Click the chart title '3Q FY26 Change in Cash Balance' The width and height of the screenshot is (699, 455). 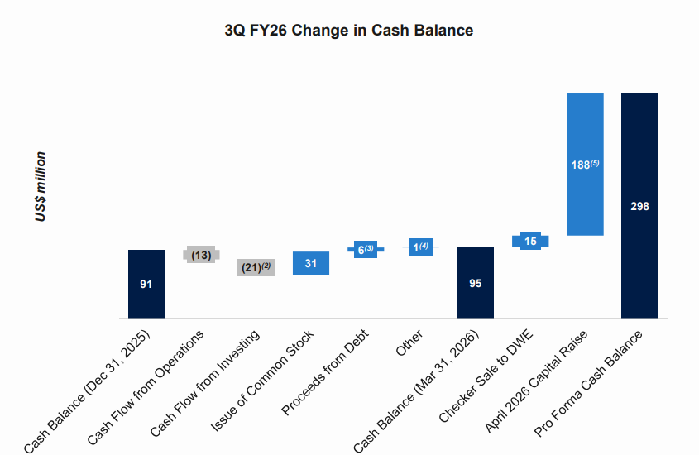pos(348,31)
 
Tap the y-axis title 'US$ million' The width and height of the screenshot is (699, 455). pos(41,186)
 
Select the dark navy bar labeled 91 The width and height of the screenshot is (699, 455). pos(146,284)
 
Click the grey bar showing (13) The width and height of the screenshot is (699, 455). pos(201,255)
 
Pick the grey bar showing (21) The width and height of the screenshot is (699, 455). pos(256,267)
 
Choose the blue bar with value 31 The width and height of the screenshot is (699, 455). pos(311,263)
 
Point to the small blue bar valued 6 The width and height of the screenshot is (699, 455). pos(366,250)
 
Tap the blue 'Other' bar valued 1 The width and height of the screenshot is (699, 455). pos(421,247)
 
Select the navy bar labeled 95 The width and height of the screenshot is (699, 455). pos(475,282)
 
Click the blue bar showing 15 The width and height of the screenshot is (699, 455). pos(530,241)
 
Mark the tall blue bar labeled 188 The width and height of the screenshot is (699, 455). pos(586,165)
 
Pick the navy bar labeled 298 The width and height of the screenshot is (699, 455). pos(639,206)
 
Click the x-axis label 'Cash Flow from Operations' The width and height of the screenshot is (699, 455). pos(146,387)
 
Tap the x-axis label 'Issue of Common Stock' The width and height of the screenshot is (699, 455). pos(262,381)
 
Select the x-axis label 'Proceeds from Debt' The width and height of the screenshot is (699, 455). pos(325,371)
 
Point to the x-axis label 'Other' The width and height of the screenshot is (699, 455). pos(409,342)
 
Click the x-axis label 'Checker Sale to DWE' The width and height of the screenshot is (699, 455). pos(486,376)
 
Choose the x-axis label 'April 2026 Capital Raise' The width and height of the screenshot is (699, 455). pos(536,381)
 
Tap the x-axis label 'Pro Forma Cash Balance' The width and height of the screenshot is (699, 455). pos(588,383)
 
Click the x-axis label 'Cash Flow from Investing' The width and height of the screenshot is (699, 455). pos(204,383)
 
